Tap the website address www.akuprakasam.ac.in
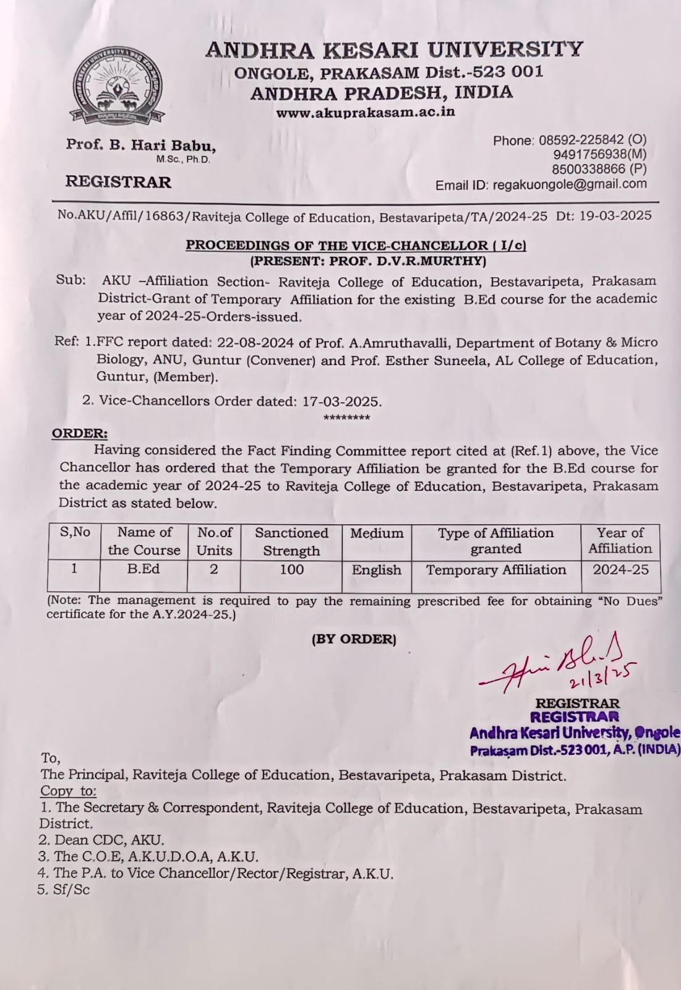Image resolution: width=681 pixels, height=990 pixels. [365, 112]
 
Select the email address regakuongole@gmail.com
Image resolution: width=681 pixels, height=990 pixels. [570, 184]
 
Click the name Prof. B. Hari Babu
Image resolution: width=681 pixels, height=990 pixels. [141, 145]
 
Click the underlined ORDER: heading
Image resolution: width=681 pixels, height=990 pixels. [79, 433]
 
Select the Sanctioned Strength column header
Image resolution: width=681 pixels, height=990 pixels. [291, 541]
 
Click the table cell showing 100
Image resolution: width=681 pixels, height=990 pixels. [291, 569]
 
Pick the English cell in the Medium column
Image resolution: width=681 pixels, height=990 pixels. [377, 570]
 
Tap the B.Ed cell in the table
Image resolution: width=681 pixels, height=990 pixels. [143, 569]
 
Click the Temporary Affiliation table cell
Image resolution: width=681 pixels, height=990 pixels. [496, 570]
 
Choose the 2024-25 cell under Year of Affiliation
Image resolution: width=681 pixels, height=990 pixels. [620, 570]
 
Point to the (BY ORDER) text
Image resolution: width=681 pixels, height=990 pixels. [354, 639]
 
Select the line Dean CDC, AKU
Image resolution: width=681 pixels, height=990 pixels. [102, 840]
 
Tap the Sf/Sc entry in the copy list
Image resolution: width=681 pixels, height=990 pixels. [64, 890]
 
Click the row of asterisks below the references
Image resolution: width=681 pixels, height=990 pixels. [346, 418]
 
